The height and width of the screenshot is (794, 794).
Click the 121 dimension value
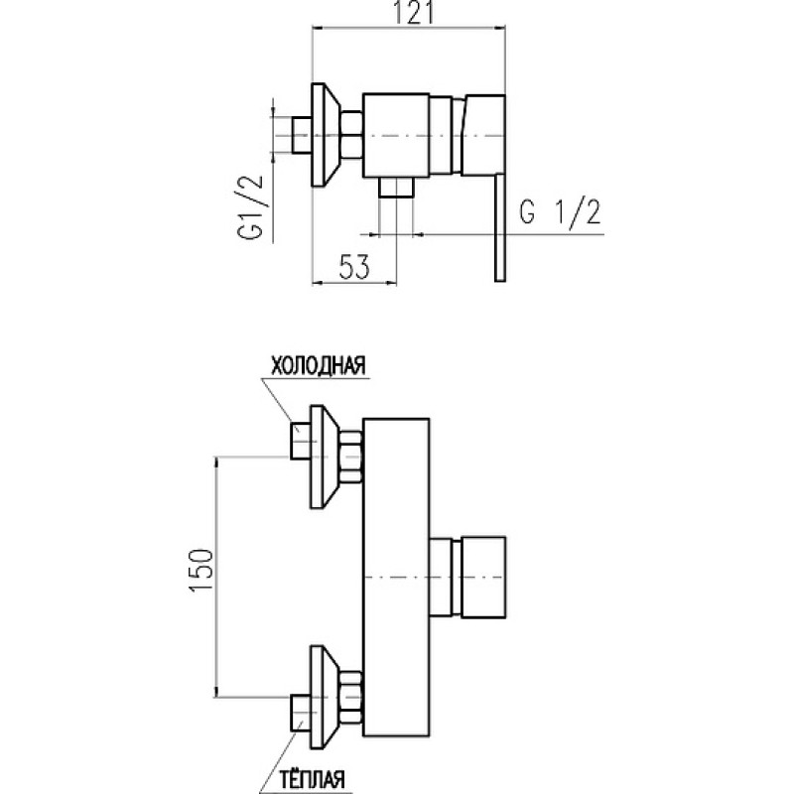click(x=414, y=14)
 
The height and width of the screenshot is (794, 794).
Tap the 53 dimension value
click(x=354, y=267)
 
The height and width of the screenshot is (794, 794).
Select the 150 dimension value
click(x=201, y=570)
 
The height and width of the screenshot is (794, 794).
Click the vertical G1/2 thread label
click(x=251, y=207)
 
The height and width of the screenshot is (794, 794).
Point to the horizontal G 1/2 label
click(x=560, y=212)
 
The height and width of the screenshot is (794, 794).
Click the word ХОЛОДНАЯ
click(x=319, y=365)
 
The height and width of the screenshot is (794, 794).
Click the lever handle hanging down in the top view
click(x=500, y=228)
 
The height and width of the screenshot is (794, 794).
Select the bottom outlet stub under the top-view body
click(x=396, y=188)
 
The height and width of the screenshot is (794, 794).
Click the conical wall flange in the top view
click(x=326, y=135)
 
